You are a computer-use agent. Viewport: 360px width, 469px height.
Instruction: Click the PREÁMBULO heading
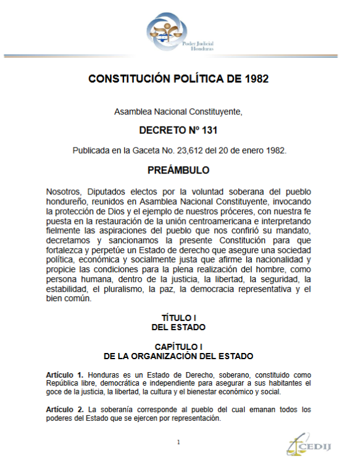tap(178, 170)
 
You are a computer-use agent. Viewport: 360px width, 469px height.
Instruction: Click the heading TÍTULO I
tap(178, 318)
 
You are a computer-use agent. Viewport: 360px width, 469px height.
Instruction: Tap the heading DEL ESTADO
tap(178, 327)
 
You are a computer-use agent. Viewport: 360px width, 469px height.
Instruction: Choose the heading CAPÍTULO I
tap(178, 347)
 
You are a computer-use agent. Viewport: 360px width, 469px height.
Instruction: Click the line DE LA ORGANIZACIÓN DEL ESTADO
tap(178, 357)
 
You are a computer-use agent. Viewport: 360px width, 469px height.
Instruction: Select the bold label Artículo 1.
tap(64, 375)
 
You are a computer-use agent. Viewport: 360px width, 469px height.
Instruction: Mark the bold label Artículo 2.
tap(64, 409)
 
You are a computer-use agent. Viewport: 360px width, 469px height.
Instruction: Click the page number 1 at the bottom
tap(178, 442)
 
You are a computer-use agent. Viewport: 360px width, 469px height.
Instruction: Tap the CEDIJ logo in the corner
tap(306, 446)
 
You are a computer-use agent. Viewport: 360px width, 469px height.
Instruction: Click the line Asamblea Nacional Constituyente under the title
tap(178, 112)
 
